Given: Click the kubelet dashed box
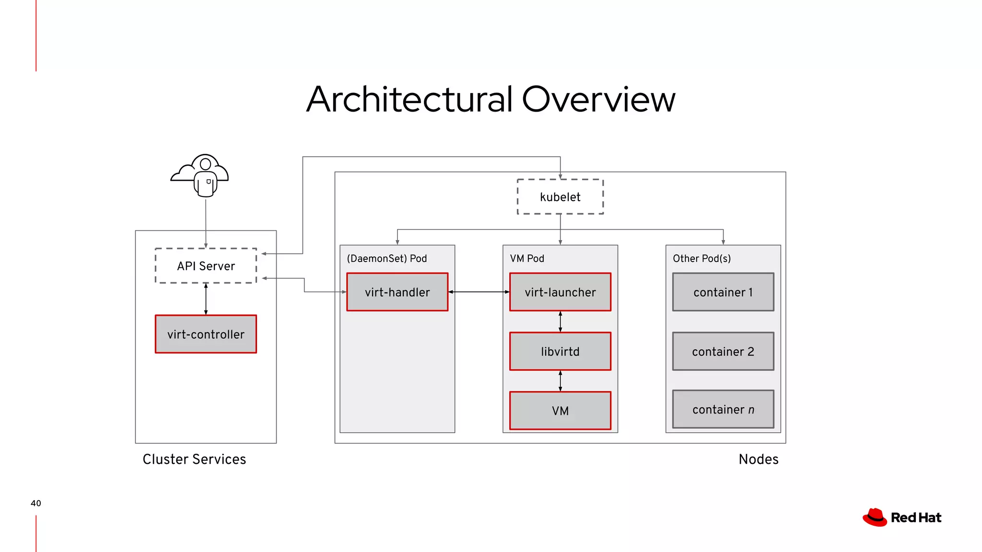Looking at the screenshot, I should pos(560,197).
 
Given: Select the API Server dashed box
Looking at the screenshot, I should pos(206,266).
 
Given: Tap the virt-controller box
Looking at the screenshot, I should pos(206,334).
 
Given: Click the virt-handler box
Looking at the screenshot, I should pos(397,292).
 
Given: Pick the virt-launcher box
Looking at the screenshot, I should pos(560,292).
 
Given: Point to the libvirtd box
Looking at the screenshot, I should pos(560,352).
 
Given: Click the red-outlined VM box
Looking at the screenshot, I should pos(560,411).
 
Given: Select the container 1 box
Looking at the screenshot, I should pos(723,292).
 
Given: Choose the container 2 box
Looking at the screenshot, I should pos(723,352).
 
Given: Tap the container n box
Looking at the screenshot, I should pos(723,410).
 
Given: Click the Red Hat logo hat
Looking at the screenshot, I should pos(875,517).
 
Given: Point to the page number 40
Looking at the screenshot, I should pos(36,503).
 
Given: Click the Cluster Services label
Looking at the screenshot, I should pos(194,459).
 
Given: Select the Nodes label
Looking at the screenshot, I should pos(758,459).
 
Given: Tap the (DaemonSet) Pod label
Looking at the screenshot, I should pos(386,259).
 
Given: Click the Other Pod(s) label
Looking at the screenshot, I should pos(701,259).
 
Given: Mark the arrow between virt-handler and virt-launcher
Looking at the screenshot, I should pos(479,292).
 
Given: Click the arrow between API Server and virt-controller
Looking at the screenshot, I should pos(206,299).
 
